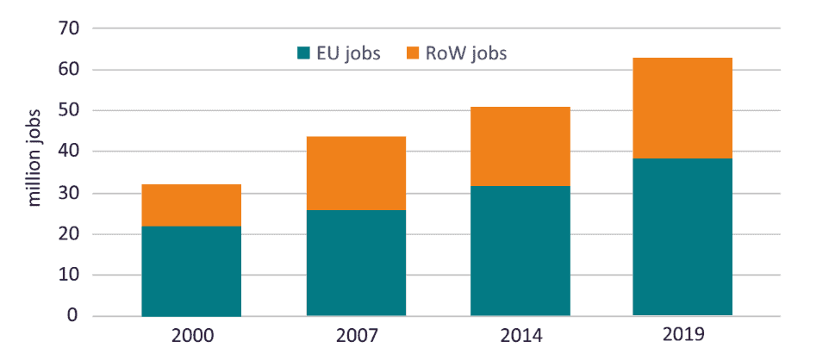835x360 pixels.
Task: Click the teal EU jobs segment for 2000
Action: coord(191,270)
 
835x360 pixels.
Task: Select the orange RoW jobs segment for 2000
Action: coord(191,205)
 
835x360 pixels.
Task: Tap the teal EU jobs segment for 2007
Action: coord(356,263)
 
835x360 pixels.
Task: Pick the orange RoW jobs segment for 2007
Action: coord(356,173)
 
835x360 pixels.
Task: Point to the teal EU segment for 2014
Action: coord(520,251)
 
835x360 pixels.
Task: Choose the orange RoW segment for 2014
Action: coord(520,146)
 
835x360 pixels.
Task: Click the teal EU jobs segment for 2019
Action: coord(682,237)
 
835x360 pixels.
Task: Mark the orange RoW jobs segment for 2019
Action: coord(682,108)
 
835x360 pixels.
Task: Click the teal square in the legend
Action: coord(302,53)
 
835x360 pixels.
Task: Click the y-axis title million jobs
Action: coord(34,158)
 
